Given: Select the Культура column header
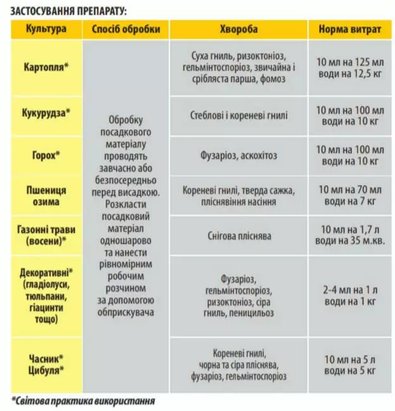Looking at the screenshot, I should pos(46,29).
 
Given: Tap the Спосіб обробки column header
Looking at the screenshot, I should pos(126,29).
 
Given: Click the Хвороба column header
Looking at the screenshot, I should pos(239,29).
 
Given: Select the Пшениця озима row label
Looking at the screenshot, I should pos(46,195).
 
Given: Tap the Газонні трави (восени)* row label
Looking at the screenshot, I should pos(46,235).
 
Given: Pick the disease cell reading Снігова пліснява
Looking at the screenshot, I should pos(239,236).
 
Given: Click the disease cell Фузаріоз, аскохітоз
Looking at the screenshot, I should pos(239,155).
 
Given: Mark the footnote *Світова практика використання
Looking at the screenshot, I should pos(84,401).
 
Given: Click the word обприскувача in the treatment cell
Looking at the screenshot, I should pos(126,313).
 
